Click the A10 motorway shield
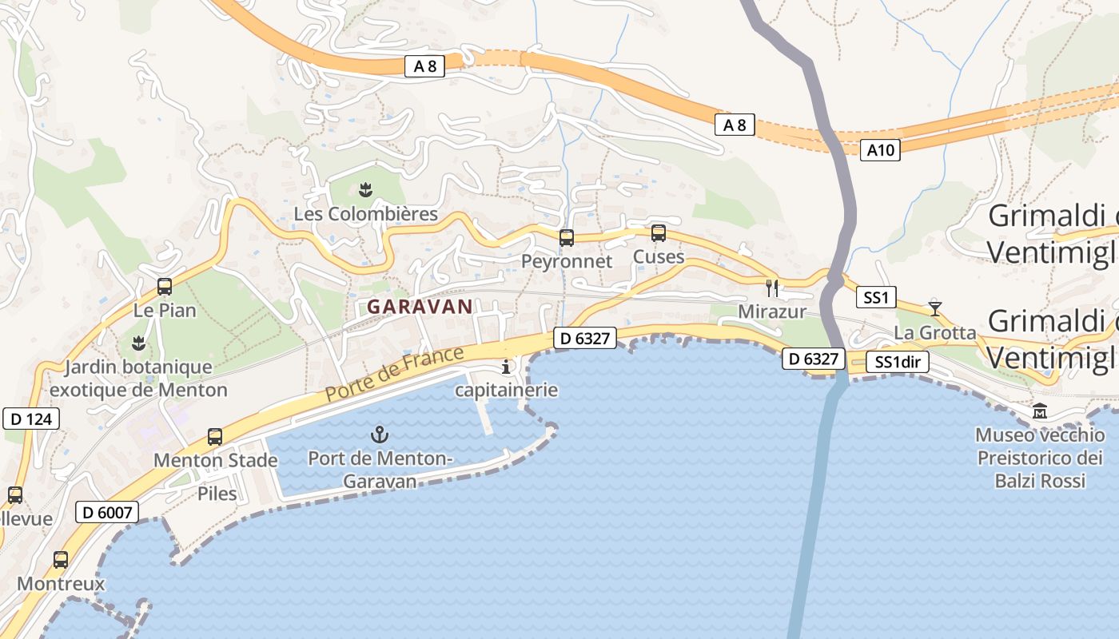(x=880, y=149)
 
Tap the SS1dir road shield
(x=898, y=362)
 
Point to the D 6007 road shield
(x=106, y=512)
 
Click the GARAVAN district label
(x=420, y=306)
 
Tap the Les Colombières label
(x=366, y=214)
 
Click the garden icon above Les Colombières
(x=366, y=189)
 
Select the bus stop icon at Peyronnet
(x=567, y=237)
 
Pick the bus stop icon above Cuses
(x=659, y=233)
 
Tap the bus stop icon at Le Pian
(x=165, y=287)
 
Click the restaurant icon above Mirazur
(x=772, y=288)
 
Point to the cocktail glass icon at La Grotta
(x=935, y=308)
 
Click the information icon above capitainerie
(x=505, y=367)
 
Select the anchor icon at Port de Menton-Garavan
(x=380, y=435)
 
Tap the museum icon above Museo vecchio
(x=1040, y=411)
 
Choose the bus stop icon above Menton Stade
(x=215, y=437)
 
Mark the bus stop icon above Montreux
(x=61, y=560)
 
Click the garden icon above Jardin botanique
(x=138, y=343)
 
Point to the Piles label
(x=217, y=493)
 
